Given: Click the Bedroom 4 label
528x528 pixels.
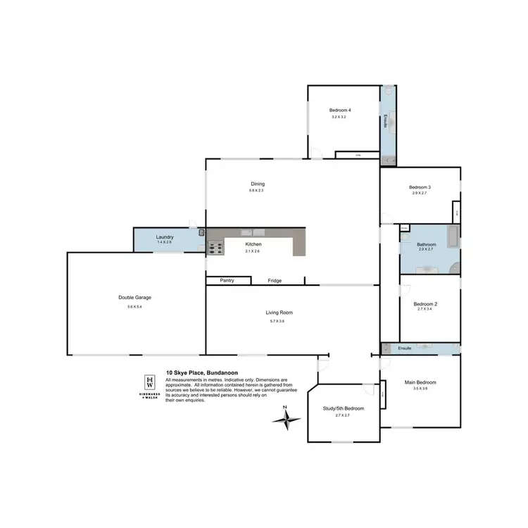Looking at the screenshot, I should (x=340, y=111).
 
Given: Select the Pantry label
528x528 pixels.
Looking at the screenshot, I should (x=226, y=281).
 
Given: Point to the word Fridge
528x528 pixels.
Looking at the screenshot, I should (x=275, y=281).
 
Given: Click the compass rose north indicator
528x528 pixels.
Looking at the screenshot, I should (x=286, y=420).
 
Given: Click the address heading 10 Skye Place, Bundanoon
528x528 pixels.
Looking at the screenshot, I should (x=197, y=374).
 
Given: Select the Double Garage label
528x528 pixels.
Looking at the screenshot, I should (x=134, y=297).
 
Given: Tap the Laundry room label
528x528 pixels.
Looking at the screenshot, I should (x=165, y=237).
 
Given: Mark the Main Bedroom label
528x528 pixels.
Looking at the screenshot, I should (x=420, y=382).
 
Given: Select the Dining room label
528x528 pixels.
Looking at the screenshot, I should (x=256, y=184).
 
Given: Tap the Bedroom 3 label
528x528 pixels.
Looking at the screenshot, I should (x=420, y=187).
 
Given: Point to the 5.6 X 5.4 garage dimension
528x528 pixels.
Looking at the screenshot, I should (x=134, y=306).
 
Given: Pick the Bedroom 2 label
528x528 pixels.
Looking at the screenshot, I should (x=425, y=303).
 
